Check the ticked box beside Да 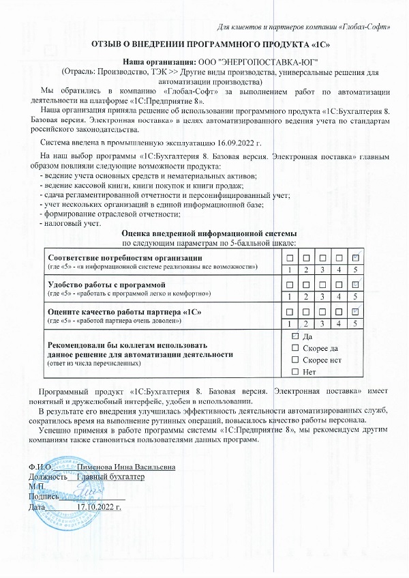click(295, 336)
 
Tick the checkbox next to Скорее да click(295, 349)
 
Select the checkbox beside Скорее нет click(295, 360)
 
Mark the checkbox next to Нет click(295, 372)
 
